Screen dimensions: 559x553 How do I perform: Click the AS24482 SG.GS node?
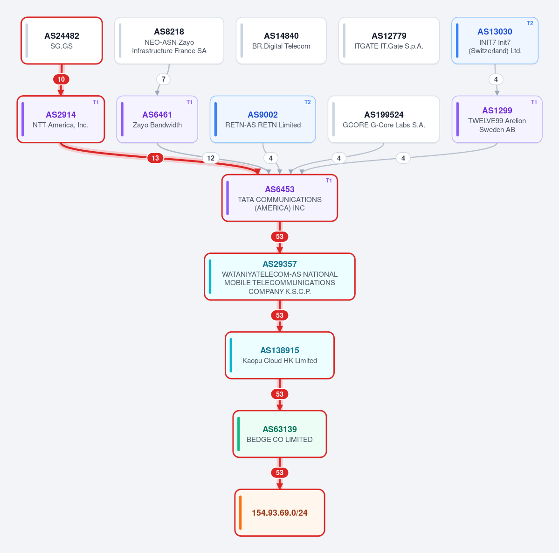tap(62, 41)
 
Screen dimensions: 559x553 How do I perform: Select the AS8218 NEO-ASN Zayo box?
tap(169, 41)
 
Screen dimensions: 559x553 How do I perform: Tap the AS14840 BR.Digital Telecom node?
tap(281, 41)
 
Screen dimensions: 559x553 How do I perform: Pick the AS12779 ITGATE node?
tap(388, 41)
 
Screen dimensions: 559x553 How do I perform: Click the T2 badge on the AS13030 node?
tap(530, 23)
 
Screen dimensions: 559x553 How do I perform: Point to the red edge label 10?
tap(62, 79)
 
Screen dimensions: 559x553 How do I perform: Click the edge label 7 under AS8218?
tap(163, 79)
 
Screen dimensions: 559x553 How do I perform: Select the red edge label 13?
tap(155, 158)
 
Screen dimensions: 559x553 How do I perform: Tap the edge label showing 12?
tap(211, 158)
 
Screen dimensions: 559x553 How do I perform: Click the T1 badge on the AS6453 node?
tap(329, 181)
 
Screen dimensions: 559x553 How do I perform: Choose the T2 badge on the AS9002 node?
tap(307, 102)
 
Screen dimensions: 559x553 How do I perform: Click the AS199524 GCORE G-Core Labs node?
tap(384, 119)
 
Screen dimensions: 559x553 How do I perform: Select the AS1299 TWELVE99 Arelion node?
tap(497, 119)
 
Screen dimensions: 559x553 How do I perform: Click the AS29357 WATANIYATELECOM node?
tap(280, 277)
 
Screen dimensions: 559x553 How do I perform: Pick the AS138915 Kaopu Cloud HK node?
tap(280, 355)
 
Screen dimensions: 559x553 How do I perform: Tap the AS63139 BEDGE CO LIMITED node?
tap(280, 434)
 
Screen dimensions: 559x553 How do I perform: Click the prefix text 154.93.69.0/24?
tap(280, 513)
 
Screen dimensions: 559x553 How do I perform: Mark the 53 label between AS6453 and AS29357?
tap(280, 237)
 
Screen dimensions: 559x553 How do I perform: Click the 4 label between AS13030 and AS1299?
tap(496, 79)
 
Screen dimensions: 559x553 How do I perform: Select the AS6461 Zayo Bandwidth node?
tap(157, 119)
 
